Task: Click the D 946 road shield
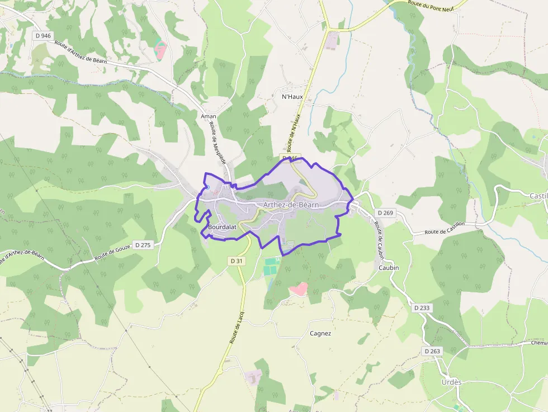tap(42, 36)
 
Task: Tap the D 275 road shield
tap(144, 245)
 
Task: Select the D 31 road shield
tap(236, 261)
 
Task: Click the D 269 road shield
tap(386, 213)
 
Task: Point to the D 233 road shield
tap(422, 308)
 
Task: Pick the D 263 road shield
tap(432, 351)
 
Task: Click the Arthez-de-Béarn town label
tap(291, 205)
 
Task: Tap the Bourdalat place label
tap(222, 228)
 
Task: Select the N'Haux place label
tap(292, 97)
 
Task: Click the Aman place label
tap(209, 116)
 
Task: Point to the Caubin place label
tap(388, 268)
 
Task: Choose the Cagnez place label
tap(320, 334)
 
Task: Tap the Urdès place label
tap(451, 382)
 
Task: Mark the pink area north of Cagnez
tap(298, 289)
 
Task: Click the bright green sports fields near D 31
tap(271, 266)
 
